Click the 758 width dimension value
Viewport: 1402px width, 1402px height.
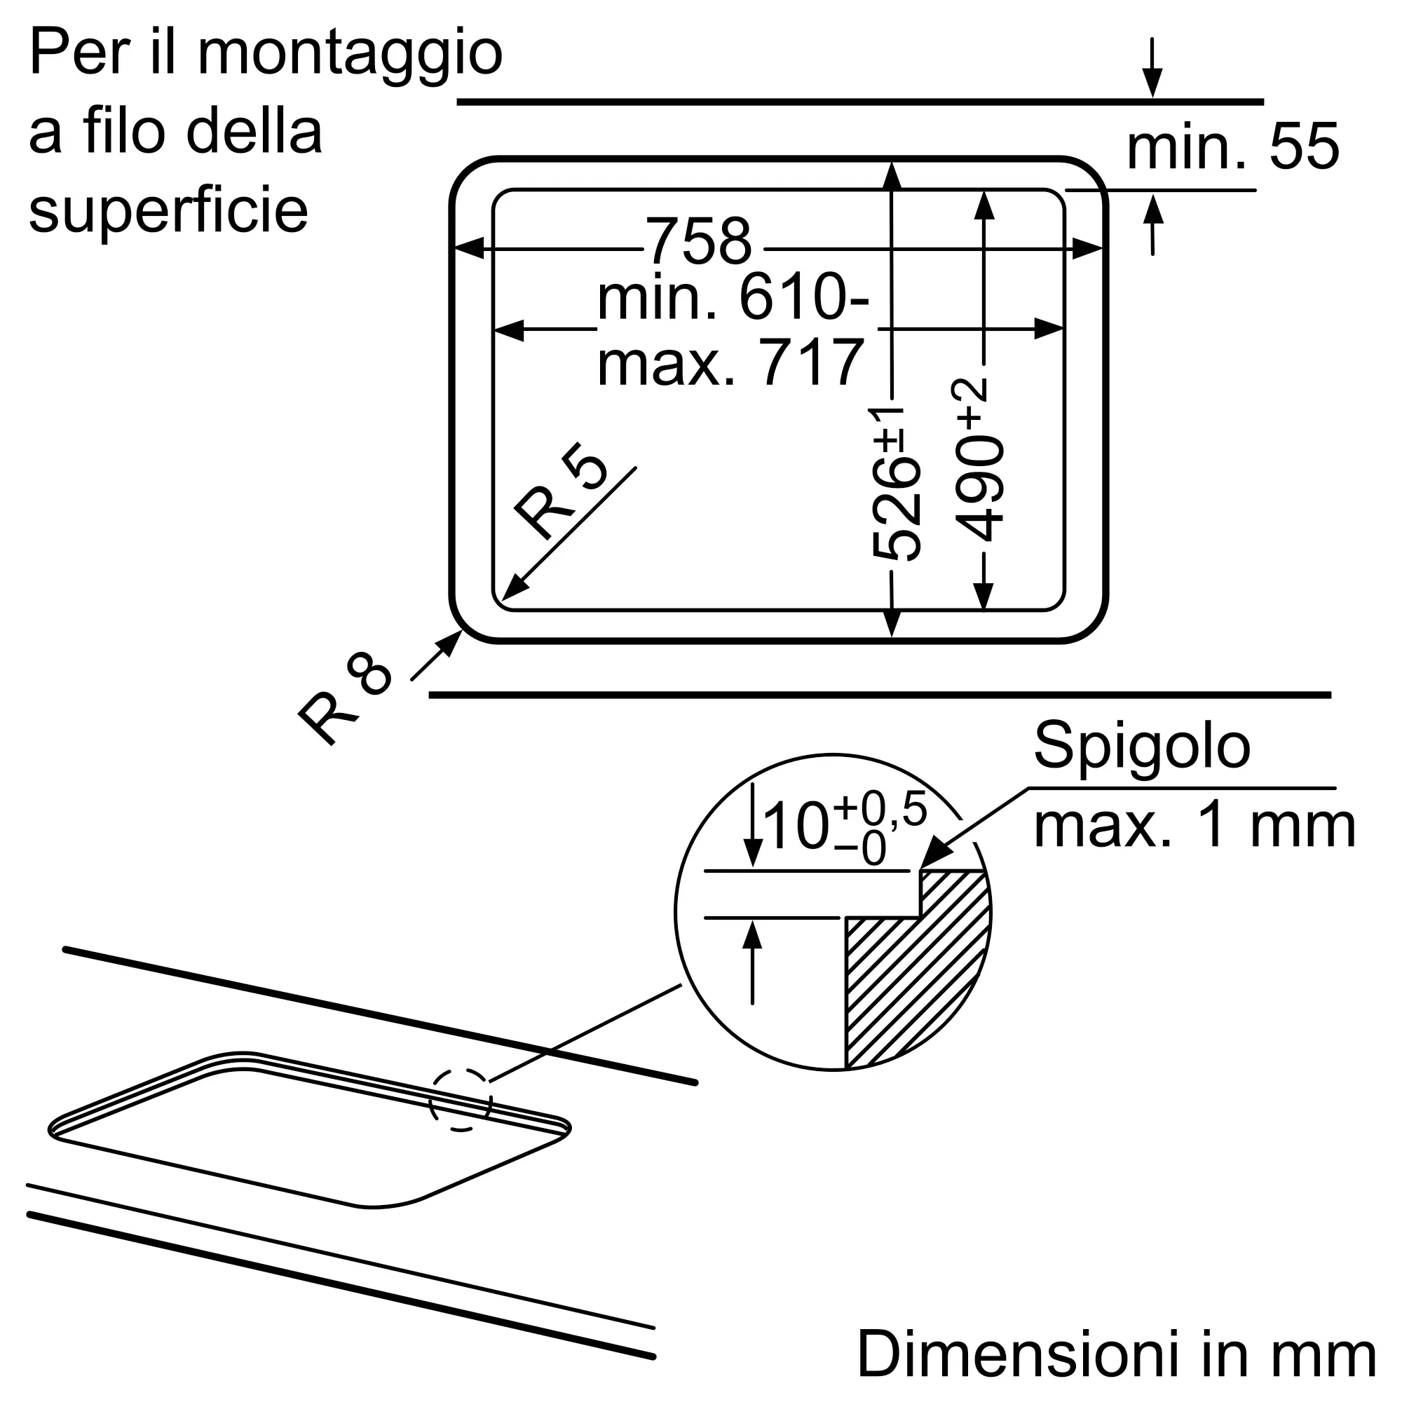point(698,242)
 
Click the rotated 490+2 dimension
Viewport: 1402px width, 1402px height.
point(978,458)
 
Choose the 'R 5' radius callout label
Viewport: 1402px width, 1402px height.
point(560,490)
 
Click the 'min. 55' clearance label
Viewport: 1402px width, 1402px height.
point(1232,147)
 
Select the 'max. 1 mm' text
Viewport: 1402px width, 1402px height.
point(1195,826)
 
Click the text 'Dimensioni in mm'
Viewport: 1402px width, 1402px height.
point(1116,1354)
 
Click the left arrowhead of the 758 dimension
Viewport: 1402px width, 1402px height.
point(469,248)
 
